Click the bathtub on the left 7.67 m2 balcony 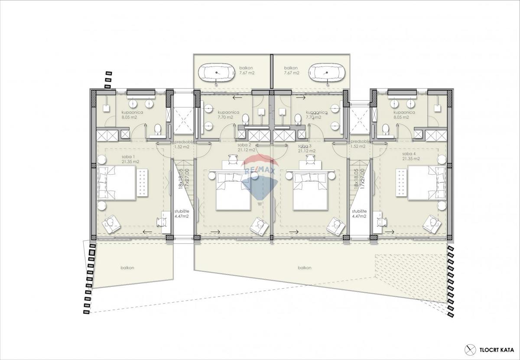pos(215,72)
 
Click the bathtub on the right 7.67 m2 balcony pos(328,72)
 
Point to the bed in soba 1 pos(117,183)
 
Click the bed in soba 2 pos(233,191)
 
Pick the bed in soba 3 pos(310,191)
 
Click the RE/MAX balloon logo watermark pos(259,178)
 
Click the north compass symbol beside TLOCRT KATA pos(470,349)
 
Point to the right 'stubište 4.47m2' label pos(359,213)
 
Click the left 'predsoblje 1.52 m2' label pos(183,144)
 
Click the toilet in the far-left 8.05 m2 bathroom pos(158,129)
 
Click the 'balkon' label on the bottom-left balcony pos(127,268)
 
